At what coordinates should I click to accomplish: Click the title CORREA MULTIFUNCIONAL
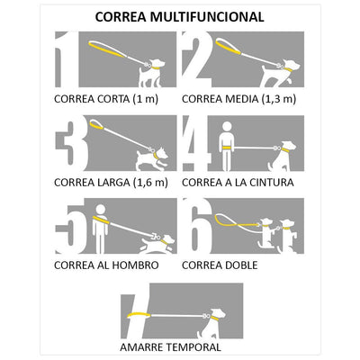tap(179, 16)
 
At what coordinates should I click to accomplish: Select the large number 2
tap(196, 60)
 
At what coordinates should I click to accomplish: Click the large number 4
tap(195, 143)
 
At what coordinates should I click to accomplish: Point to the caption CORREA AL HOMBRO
tap(106, 265)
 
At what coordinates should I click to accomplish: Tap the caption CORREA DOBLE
tap(220, 265)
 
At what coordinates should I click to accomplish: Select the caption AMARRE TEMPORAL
tap(170, 346)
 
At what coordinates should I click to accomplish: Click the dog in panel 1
tap(152, 71)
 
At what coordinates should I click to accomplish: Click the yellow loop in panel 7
tap(139, 314)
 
